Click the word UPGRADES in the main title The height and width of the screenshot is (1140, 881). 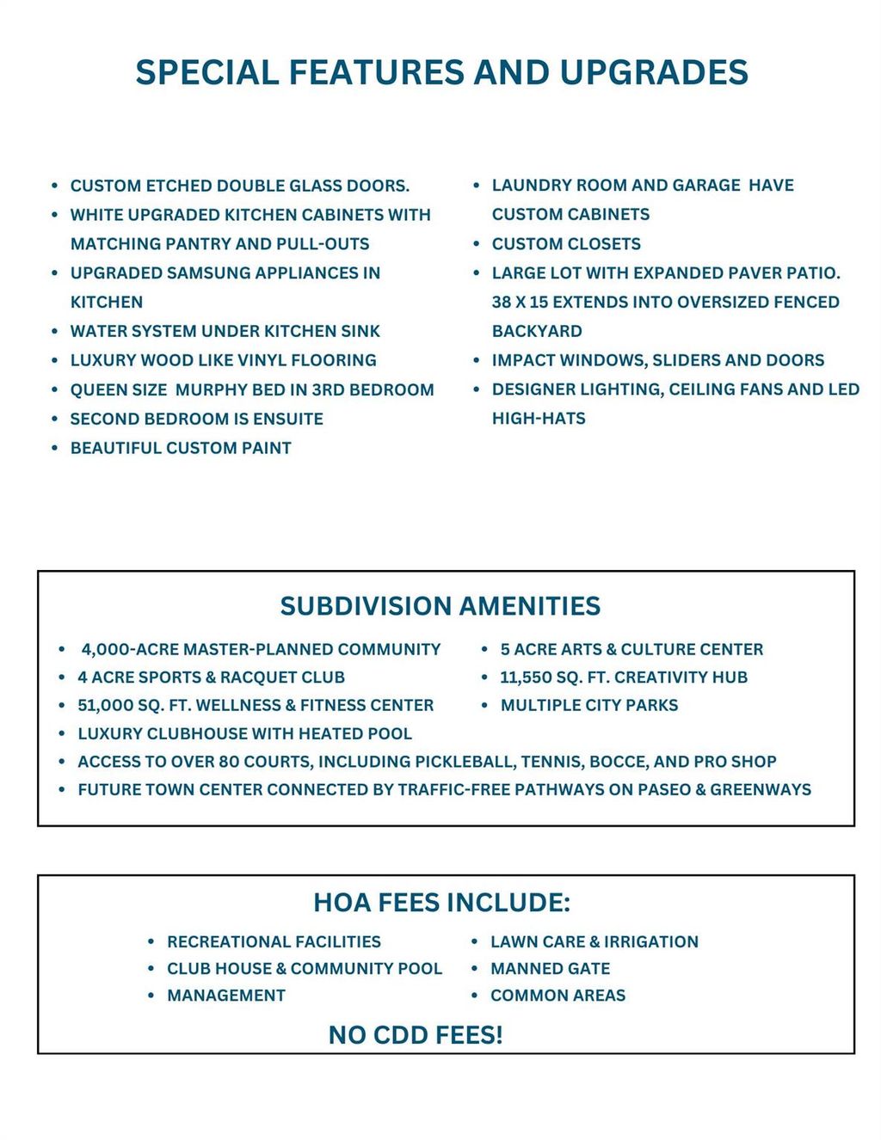(654, 72)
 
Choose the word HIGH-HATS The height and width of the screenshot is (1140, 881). (539, 418)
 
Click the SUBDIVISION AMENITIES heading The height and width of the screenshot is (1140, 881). (440, 606)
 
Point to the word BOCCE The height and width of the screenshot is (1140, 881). (618, 761)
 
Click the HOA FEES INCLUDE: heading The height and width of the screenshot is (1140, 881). (441, 902)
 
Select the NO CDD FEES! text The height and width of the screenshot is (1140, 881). (416, 1034)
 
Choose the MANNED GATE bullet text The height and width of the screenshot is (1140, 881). (550, 968)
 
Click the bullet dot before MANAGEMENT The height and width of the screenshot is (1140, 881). (151, 995)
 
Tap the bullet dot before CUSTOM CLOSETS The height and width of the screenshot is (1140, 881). (477, 243)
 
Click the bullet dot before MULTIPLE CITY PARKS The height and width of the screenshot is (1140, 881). (484, 705)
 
